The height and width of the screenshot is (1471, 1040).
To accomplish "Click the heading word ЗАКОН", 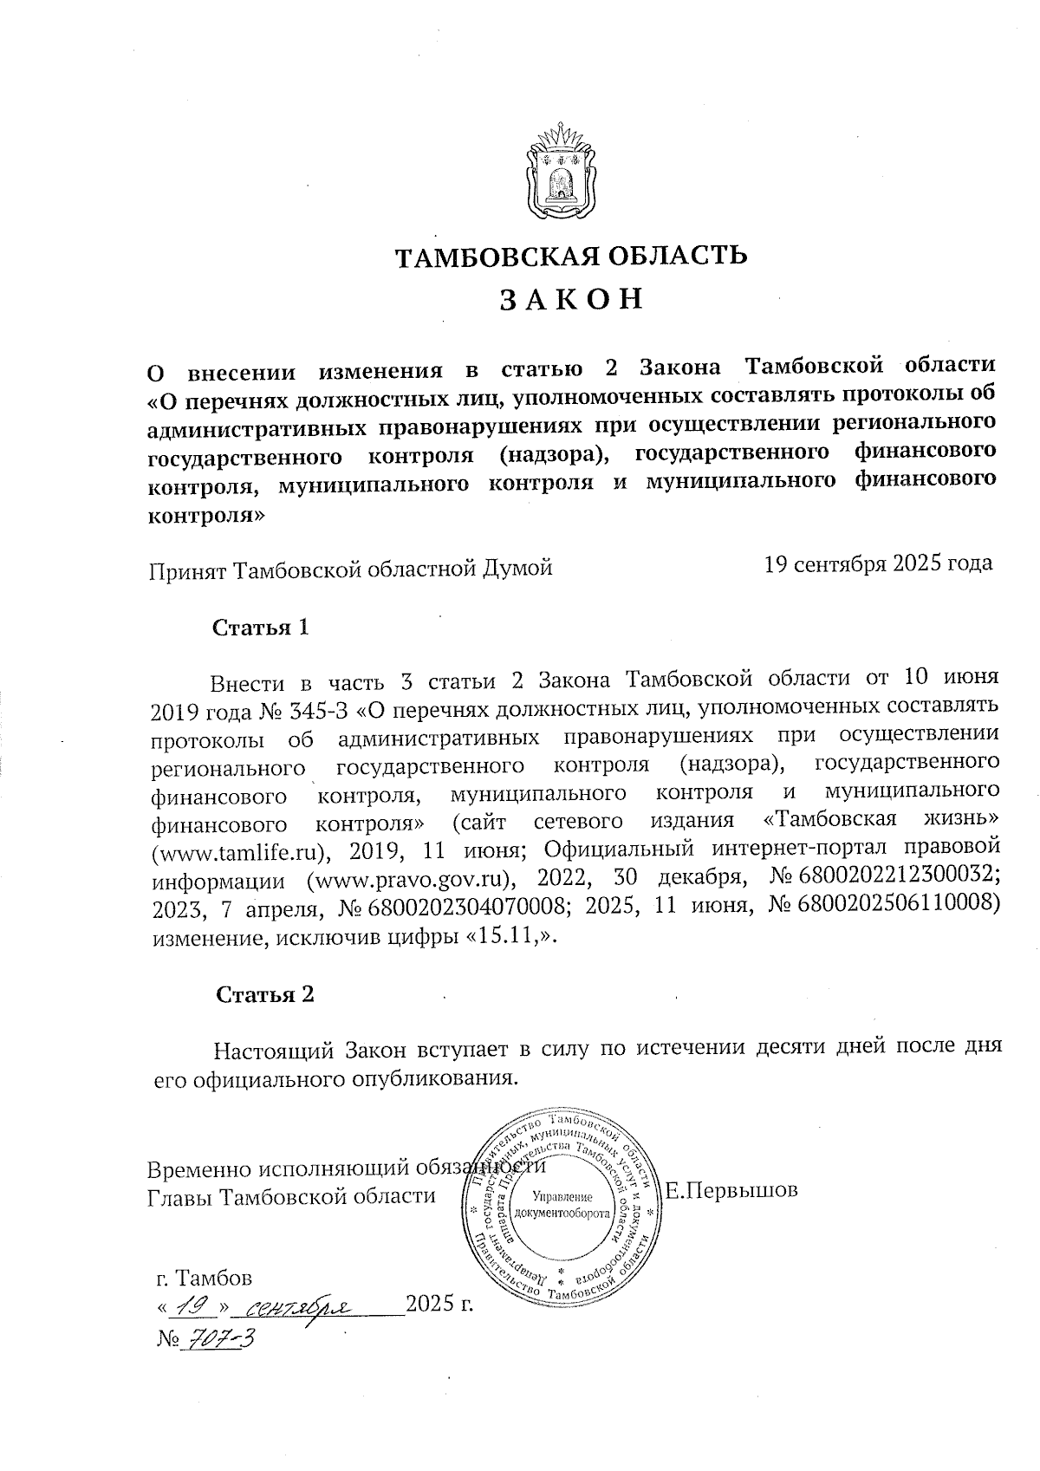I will pyautogui.click(x=571, y=299).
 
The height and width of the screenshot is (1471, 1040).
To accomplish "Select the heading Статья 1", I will pyautogui.click(x=261, y=627).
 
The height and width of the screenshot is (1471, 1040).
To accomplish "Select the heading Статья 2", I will pyautogui.click(x=264, y=994).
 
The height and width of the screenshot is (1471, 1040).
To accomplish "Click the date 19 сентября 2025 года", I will pyautogui.click(x=878, y=564).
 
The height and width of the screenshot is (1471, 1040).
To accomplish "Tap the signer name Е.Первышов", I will pyautogui.click(x=731, y=1190).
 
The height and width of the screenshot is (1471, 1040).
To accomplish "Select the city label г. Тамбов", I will pyautogui.click(x=205, y=1279).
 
